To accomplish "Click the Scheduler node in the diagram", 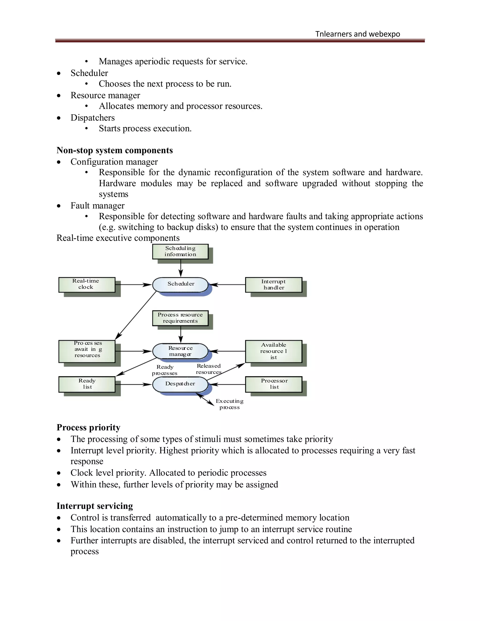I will tap(180, 284).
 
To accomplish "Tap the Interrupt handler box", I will tap(273, 285).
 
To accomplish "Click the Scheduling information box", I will tap(180, 251).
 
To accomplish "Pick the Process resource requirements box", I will tap(180, 318).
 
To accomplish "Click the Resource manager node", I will tap(180, 351).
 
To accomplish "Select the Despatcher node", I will tap(180, 384).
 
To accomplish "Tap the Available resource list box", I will tap(273, 351).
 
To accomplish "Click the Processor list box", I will tap(273, 384).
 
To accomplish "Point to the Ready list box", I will tap(87, 384).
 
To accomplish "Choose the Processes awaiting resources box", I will tap(87, 351).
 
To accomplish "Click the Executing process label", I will tap(229, 404).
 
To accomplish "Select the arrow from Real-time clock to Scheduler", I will tap(133, 284).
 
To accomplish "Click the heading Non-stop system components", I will tap(115, 150).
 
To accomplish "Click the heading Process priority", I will tap(88, 427).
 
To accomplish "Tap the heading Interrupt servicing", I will tap(95, 506).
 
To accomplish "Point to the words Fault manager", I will tap(97, 205).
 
